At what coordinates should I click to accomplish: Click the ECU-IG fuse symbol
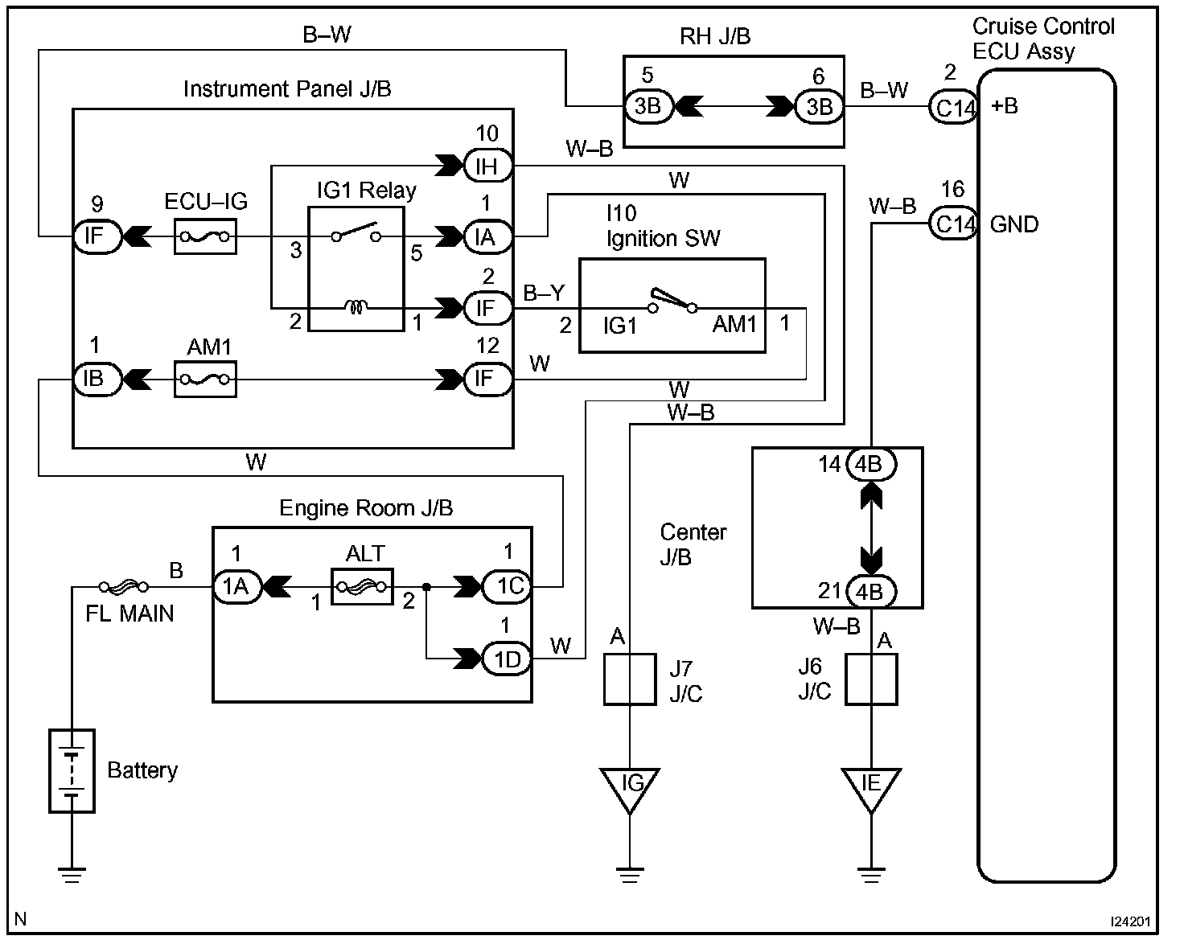coord(205,237)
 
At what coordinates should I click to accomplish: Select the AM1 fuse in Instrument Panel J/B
coord(205,379)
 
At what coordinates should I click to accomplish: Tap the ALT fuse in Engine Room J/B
coord(361,587)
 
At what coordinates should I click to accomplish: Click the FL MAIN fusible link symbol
coord(122,587)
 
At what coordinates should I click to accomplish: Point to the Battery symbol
coord(72,770)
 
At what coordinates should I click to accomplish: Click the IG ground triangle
coord(630,786)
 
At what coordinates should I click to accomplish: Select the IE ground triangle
coord(870,786)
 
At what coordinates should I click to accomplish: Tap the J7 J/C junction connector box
coord(630,679)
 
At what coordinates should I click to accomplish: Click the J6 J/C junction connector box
coord(870,679)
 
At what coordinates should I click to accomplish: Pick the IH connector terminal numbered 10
coord(487,166)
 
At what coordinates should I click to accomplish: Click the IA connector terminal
coord(487,237)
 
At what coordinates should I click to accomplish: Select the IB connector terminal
coord(97,379)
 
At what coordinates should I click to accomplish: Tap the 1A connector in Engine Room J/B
coord(236,587)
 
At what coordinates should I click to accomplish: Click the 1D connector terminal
coord(507,659)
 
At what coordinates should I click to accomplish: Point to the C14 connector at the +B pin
coord(952,107)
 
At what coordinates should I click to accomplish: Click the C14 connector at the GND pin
coord(952,224)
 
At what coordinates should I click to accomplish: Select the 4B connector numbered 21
coord(870,591)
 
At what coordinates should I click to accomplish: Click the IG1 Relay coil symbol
coord(356,307)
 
